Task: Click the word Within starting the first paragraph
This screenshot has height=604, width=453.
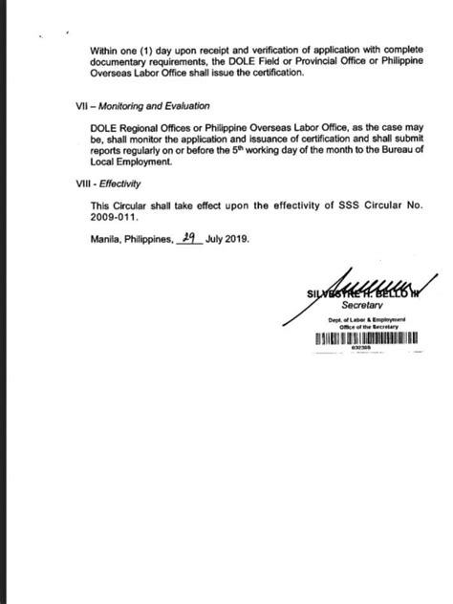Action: click(x=103, y=50)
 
